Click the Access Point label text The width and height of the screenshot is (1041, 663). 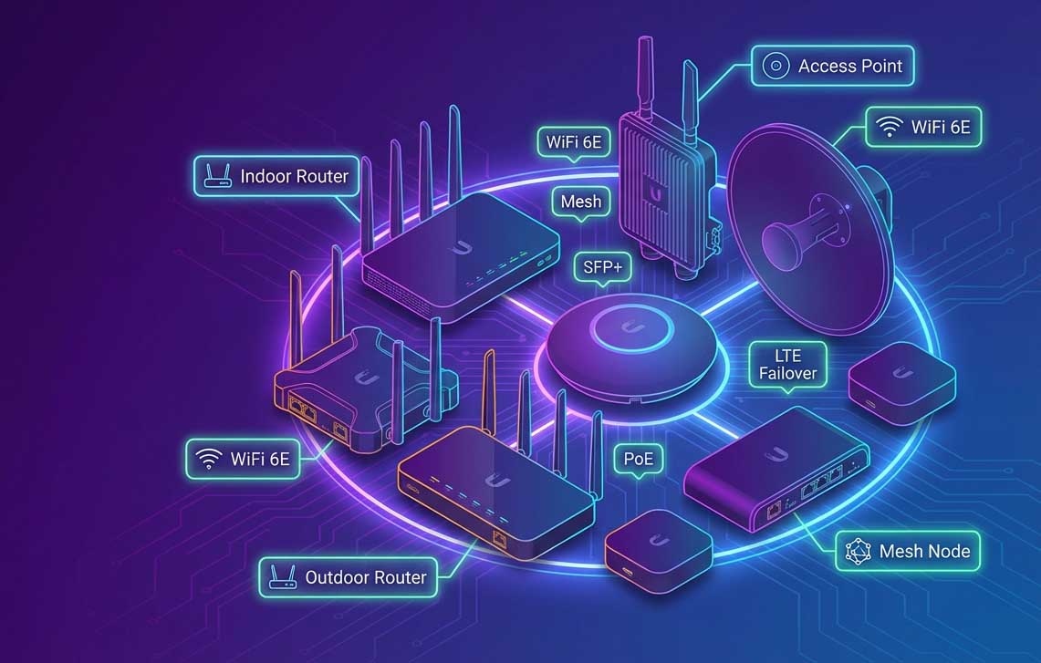[x=849, y=67]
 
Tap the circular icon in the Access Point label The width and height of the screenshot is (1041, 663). [x=776, y=66]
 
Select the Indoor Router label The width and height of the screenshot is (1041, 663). [x=276, y=177]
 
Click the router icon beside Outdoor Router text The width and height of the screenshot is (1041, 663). [x=282, y=577]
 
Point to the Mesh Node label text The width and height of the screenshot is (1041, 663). [x=924, y=552]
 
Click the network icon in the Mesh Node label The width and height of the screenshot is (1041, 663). [x=858, y=552]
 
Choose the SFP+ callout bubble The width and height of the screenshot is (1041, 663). [x=603, y=269]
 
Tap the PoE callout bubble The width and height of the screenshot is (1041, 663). [x=639, y=461]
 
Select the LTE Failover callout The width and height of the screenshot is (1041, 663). [x=787, y=367]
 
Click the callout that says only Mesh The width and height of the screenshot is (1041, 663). [x=581, y=203]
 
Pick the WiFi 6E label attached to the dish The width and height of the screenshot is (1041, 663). [x=923, y=127]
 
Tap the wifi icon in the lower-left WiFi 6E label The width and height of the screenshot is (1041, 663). [x=208, y=459]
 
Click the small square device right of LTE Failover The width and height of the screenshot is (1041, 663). [x=901, y=381]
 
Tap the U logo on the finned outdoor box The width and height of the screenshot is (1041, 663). [x=657, y=193]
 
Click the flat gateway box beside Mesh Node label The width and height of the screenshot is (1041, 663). [x=776, y=469]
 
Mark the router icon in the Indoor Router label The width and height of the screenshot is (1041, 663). [x=217, y=176]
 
